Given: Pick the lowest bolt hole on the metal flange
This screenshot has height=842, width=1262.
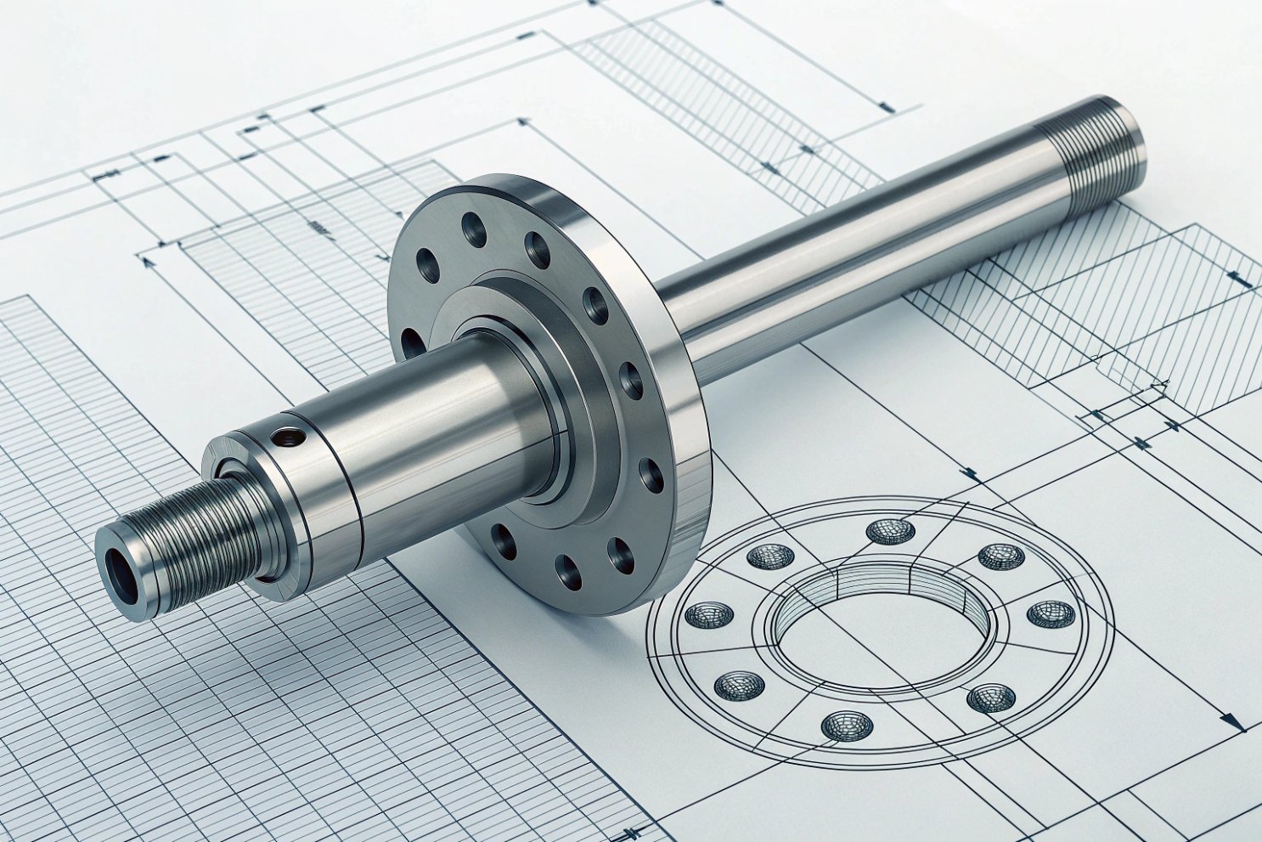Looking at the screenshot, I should [566, 571].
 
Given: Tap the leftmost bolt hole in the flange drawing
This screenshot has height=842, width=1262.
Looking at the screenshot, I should [708, 614].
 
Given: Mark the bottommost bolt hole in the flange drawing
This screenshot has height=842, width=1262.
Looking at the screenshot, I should [847, 725].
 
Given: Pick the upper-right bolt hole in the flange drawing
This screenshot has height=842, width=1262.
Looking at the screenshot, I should [1000, 557].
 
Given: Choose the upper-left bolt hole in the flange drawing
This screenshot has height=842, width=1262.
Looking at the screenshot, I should [770, 557].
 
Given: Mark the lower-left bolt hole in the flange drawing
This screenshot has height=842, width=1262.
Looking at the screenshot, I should [739, 685].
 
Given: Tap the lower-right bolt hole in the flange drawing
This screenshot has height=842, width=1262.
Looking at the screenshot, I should [990, 698].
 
